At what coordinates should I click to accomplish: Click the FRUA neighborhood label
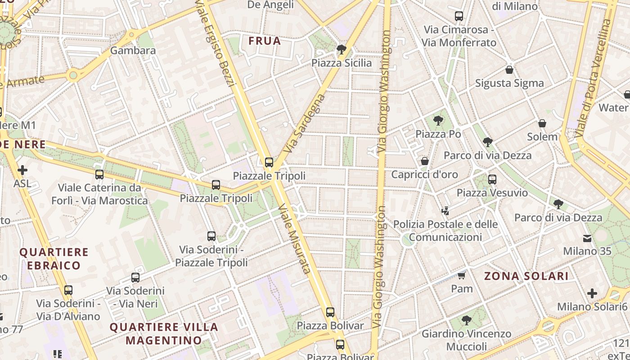click(265, 41)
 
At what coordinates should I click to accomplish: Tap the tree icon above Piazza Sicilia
click(342, 49)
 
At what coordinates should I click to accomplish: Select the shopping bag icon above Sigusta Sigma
click(509, 70)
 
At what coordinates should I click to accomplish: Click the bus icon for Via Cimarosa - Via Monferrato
click(459, 16)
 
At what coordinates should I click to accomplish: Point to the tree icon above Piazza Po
click(438, 120)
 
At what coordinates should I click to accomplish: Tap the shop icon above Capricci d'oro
click(424, 161)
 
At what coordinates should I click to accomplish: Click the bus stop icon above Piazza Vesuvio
click(492, 180)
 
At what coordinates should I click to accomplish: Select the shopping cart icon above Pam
click(461, 275)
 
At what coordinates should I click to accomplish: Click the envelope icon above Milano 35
click(587, 238)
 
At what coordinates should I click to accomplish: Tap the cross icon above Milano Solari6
click(592, 293)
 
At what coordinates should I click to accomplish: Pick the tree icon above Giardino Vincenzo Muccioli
click(467, 320)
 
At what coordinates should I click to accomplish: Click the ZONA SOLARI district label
click(526, 276)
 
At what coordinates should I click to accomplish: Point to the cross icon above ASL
click(22, 170)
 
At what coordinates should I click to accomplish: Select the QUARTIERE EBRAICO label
click(54, 258)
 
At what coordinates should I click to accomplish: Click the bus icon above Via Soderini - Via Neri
click(135, 278)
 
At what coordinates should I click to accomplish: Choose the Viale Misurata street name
click(294, 238)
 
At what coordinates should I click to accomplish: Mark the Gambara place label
click(133, 50)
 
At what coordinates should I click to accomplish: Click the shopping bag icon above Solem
click(542, 123)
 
